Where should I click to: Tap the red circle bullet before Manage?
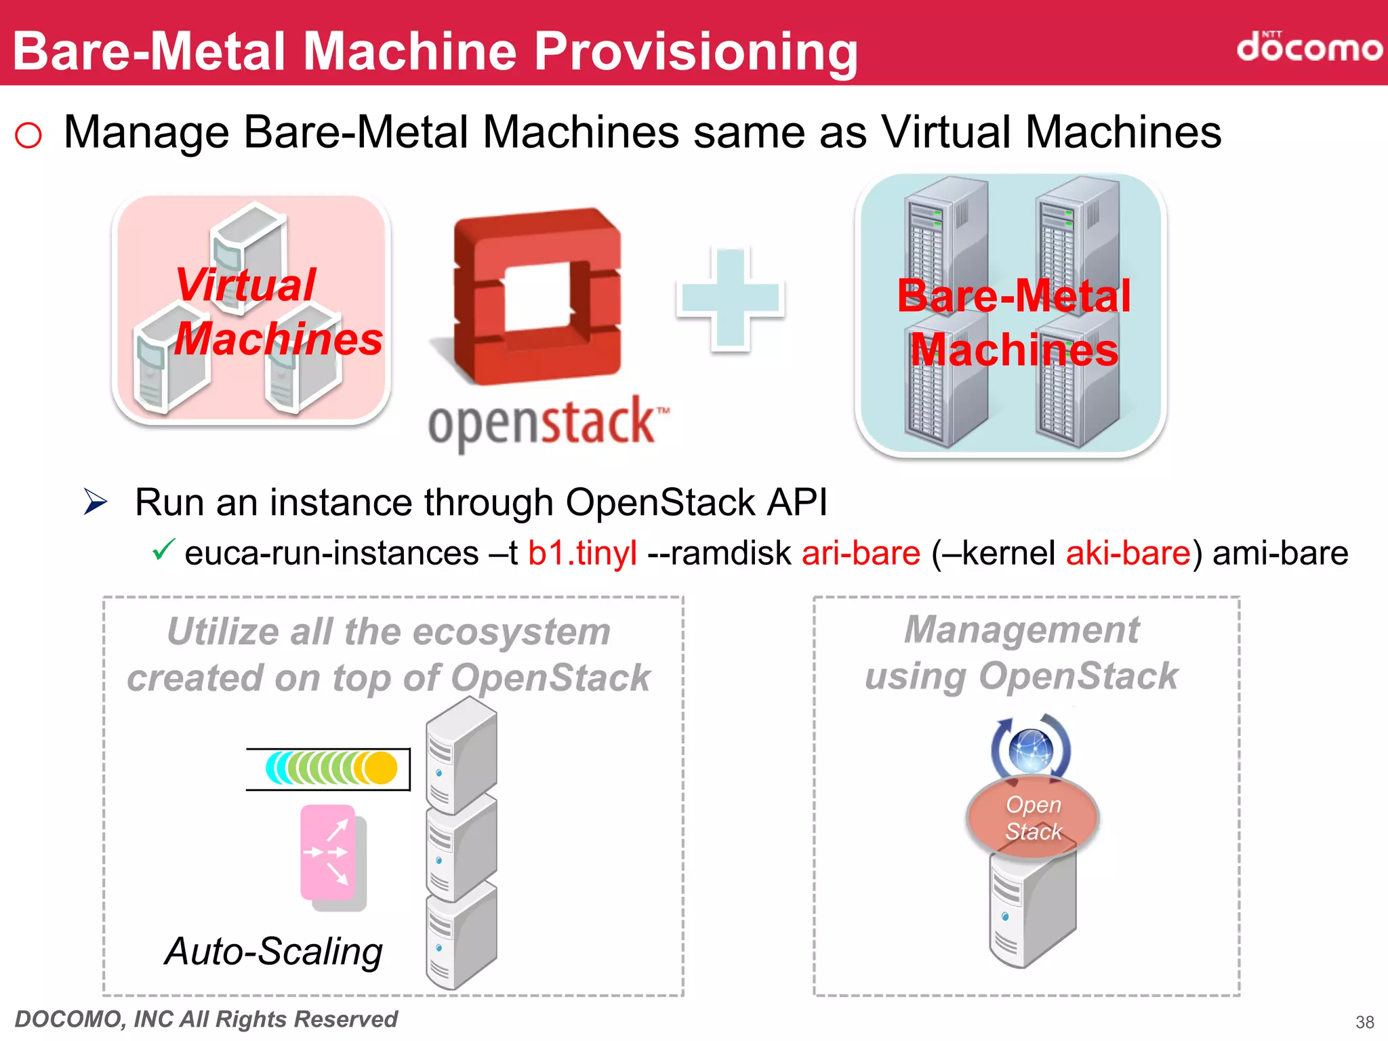(28, 135)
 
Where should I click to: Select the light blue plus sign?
(730, 299)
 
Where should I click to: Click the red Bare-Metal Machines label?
(1014, 323)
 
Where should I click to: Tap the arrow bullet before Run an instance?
(96, 502)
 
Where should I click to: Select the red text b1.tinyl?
(582, 553)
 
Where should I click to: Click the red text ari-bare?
(861, 553)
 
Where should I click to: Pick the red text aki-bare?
(1128, 553)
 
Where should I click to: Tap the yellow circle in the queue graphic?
(382, 768)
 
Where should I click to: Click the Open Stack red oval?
(1032, 817)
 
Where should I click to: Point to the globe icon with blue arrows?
(1031, 750)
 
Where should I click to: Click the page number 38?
(1364, 1022)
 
